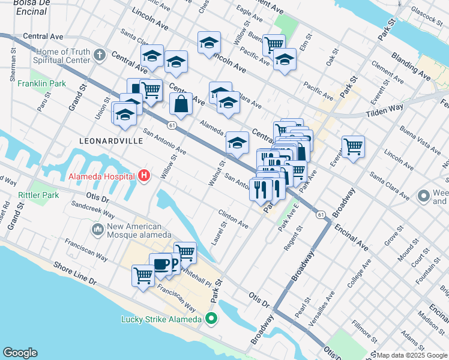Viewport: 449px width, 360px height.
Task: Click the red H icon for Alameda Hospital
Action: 144,176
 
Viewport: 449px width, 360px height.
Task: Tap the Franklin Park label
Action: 42,84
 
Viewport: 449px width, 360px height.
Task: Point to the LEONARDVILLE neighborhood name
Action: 111,140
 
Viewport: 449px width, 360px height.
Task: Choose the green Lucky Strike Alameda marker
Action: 210,319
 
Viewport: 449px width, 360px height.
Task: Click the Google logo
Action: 20,353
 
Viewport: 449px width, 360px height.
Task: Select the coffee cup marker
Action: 160,263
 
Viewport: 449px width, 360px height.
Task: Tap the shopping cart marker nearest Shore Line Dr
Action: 143,276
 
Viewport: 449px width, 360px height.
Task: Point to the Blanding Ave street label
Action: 411,66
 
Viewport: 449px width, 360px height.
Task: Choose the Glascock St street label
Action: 427,14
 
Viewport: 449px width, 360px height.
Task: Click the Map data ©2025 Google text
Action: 412,355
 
